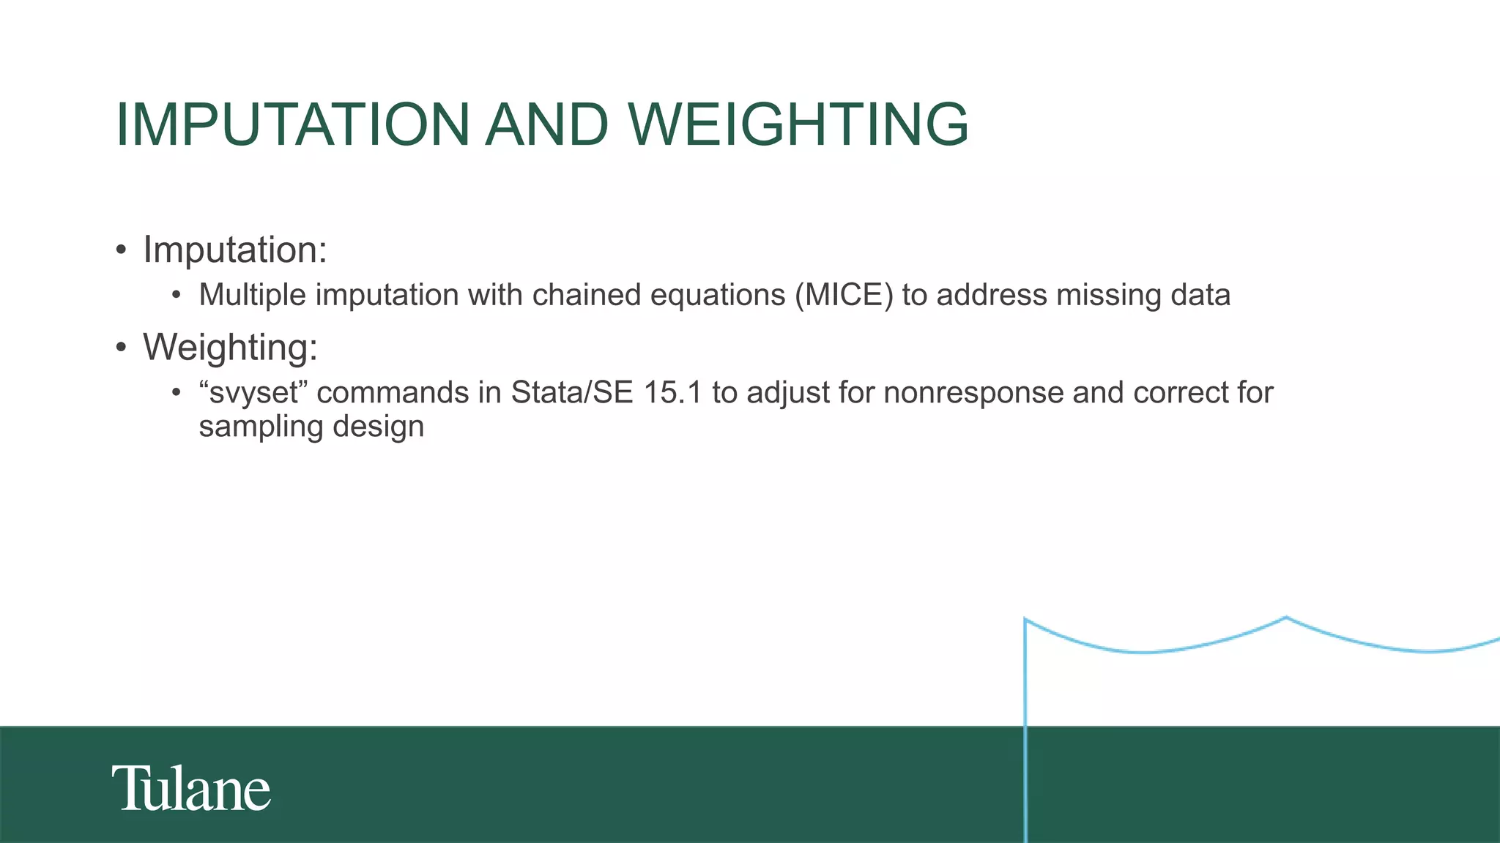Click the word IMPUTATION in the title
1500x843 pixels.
coord(292,124)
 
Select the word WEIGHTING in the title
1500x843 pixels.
coord(799,124)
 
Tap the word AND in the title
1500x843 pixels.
coord(546,124)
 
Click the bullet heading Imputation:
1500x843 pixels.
coord(234,250)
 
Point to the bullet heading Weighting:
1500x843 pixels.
coord(230,348)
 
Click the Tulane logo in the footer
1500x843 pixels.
coord(191,789)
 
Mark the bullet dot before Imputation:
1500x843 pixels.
coord(121,250)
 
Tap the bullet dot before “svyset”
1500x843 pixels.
coord(176,394)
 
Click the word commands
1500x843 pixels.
coord(393,393)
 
